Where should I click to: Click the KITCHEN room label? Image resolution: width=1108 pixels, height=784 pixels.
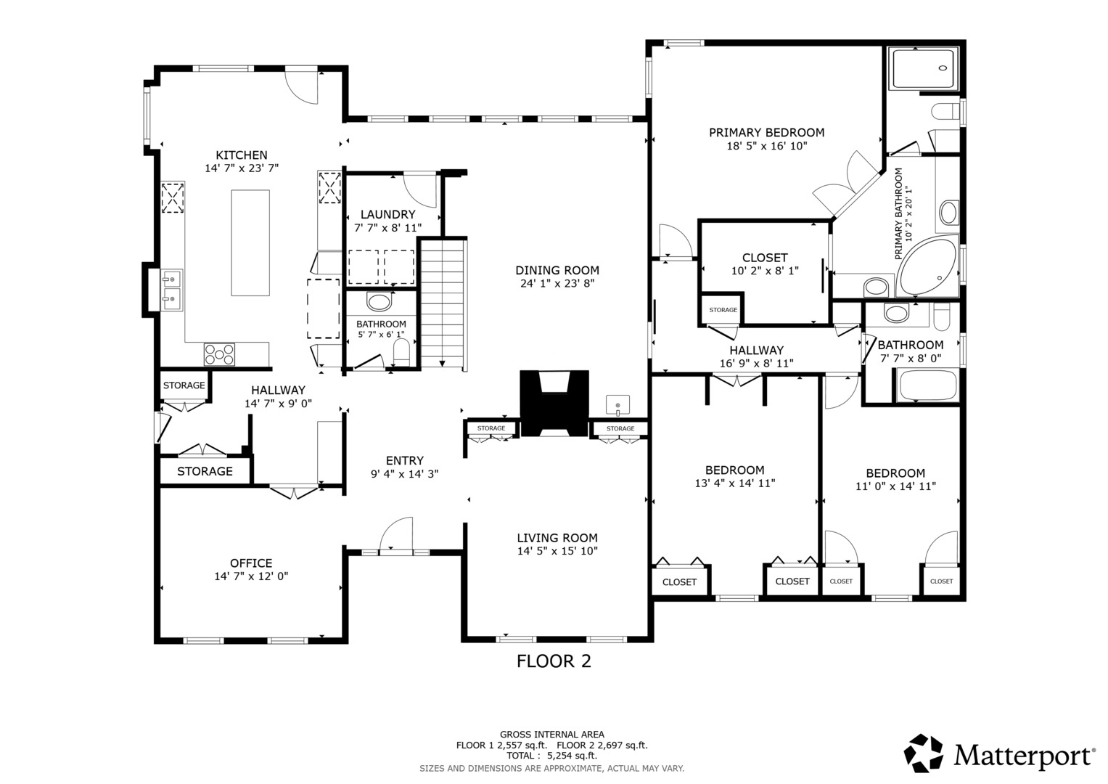click(x=242, y=155)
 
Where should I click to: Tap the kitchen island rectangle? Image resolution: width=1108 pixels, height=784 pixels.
click(x=250, y=242)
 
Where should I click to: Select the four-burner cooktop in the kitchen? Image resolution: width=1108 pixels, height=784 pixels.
click(x=219, y=354)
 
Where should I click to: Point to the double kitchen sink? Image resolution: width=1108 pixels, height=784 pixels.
click(x=172, y=290)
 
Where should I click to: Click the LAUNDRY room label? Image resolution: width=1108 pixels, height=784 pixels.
click(x=387, y=214)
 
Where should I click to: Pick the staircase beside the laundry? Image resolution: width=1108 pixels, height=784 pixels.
click(x=443, y=304)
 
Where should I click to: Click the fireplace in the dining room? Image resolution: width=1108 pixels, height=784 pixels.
click(x=554, y=403)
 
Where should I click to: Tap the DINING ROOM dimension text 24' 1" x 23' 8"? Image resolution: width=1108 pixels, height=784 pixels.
click(x=557, y=283)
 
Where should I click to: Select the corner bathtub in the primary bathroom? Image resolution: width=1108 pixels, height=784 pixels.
click(x=928, y=267)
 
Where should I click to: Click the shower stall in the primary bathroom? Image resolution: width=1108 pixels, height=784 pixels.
click(x=923, y=69)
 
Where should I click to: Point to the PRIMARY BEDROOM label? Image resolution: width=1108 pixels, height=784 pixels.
click(x=767, y=133)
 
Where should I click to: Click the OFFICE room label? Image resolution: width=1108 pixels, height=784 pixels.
click(x=251, y=563)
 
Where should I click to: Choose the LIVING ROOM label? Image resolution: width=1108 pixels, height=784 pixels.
click(x=557, y=537)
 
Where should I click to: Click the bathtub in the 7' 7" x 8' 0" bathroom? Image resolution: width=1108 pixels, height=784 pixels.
click(x=926, y=385)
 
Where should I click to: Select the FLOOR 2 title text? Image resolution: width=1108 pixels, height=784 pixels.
click(x=554, y=661)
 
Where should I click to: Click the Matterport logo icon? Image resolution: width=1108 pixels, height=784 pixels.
click(x=923, y=754)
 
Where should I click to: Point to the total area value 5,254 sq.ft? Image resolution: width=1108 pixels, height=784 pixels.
click(x=572, y=756)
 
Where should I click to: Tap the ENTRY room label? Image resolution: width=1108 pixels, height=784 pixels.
click(x=405, y=460)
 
